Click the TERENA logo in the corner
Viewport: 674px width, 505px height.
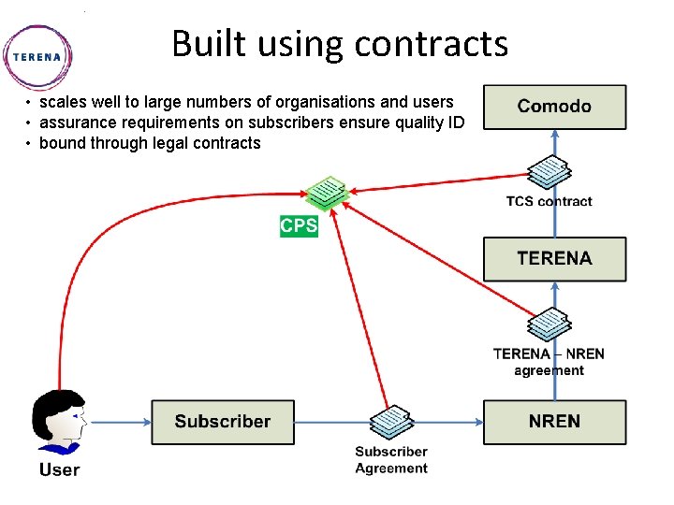37,55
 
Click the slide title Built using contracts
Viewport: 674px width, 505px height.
340,43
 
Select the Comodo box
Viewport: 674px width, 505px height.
554,107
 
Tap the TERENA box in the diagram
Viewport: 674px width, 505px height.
554,258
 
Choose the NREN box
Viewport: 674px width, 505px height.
554,422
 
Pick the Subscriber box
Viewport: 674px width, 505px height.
223,422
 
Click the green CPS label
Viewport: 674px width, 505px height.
300,226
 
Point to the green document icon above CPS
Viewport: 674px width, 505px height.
326,192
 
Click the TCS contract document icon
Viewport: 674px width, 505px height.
549,172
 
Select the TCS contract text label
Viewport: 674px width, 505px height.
549,201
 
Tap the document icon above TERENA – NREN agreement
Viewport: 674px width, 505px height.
549,325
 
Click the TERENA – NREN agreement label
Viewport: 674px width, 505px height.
549,362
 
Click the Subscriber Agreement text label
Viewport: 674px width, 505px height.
391,460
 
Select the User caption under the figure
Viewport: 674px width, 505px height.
59,469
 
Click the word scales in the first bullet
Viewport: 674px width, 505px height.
62,102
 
